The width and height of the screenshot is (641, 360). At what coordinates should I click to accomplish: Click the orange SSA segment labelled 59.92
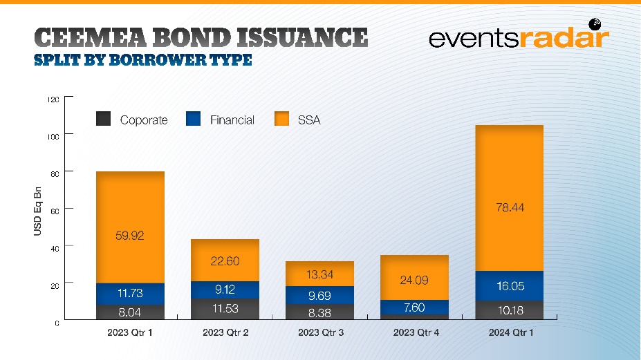click(130, 227)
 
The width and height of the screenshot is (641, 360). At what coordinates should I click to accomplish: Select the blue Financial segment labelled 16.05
click(510, 285)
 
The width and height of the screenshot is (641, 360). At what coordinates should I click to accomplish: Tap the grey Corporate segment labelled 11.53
click(225, 309)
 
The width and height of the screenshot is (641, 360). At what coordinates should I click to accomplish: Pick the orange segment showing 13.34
click(319, 274)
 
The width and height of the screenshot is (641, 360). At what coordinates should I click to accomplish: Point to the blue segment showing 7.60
click(414, 307)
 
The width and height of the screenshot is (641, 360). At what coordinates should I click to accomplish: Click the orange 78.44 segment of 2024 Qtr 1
click(510, 198)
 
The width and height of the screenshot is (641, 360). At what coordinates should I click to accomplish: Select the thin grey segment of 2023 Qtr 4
click(414, 316)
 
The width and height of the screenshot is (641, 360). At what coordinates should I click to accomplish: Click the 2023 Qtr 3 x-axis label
click(321, 332)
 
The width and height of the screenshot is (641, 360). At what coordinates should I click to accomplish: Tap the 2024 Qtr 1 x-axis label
click(511, 332)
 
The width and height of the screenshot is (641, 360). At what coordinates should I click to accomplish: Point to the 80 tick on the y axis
click(55, 173)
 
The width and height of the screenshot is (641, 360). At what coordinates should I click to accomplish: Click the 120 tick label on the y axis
click(53, 100)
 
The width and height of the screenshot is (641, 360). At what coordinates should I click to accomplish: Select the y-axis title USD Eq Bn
click(37, 211)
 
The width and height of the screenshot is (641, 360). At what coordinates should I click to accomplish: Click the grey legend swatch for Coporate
click(104, 118)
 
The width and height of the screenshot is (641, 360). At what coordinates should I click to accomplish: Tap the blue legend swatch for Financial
click(193, 118)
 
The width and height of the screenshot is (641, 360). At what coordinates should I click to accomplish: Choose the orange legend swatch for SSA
click(281, 118)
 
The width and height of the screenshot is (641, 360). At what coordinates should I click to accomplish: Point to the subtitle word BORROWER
click(158, 60)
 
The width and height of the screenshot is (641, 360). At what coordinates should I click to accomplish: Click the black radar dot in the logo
click(595, 24)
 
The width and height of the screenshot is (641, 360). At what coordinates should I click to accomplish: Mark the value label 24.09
click(414, 281)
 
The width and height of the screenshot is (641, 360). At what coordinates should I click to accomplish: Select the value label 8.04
click(129, 312)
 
